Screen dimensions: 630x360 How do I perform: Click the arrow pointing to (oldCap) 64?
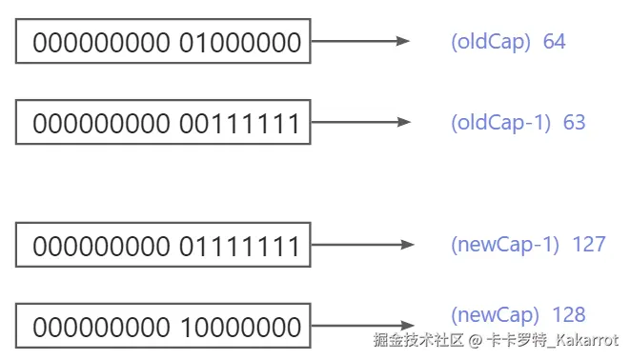[x=360, y=41]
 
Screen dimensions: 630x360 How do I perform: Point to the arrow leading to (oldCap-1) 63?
[x=361, y=122]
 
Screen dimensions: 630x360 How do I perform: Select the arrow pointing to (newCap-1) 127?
[x=363, y=245]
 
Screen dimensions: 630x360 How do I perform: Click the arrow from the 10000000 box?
[x=363, y=326]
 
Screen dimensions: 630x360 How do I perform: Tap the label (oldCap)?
[x=491, y=42]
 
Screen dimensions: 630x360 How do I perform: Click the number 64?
[x=554, y=41]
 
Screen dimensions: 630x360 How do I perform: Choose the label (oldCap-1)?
[x=501, y=123]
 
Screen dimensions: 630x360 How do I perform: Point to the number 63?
[x=574, y=122]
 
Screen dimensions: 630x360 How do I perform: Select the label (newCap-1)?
[x=505, y=245]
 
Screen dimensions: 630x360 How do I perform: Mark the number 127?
[x=589, y=245]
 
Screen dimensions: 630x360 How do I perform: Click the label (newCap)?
[x=495, y=315]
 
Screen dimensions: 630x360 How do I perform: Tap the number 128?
[x=569, y=314]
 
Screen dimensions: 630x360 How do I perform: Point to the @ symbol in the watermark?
[x=475, y=341]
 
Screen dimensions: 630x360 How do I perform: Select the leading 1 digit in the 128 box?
[x=186, y=327]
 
